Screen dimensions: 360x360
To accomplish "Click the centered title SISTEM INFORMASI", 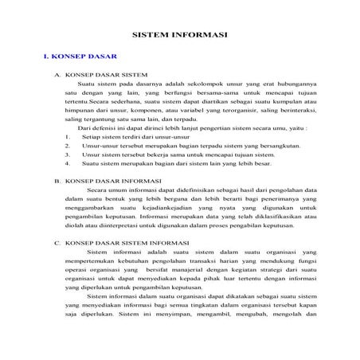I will pos(179,35).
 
